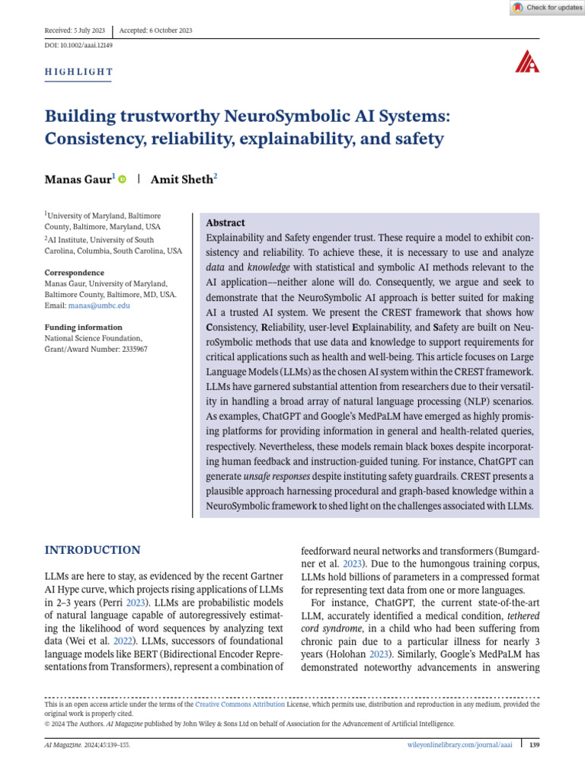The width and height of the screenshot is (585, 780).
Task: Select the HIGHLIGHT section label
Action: [78, 72]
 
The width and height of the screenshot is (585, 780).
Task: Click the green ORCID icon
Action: [122, 179]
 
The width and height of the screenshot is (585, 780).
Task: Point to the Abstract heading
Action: [225, 223]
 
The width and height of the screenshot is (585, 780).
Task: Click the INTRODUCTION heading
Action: [92, 550]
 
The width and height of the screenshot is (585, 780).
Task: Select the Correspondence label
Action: [74, 272]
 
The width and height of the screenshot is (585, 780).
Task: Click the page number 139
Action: [534, 744]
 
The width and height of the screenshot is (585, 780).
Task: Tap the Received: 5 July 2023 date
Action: [75, 30]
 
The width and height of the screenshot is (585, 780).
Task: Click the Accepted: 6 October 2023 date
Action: [155, 30]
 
